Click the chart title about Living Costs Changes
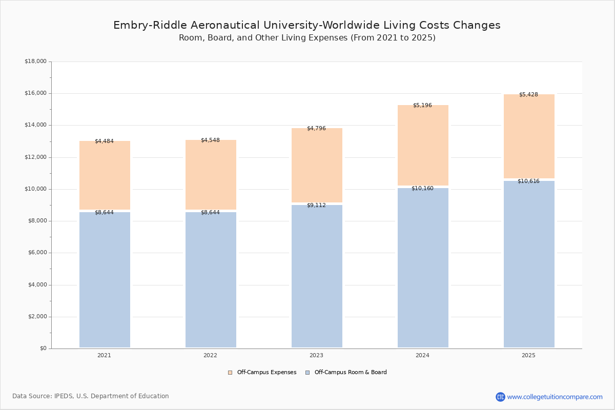point(306,25)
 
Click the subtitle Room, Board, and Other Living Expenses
point(306,38)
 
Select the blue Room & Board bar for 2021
point(105,279)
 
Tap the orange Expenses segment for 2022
point(211,175)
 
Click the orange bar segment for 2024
point(423,146)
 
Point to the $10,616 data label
point(528,181)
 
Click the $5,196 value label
point(422,106)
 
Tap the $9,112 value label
point(316,205)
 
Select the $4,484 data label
point(104,141)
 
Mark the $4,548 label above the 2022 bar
point(210,140)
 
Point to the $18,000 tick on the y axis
point(35,61)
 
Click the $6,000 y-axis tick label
point(35,253)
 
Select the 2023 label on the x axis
point(316,355)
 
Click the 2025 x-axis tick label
point(528,355)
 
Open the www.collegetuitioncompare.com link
point(555,397)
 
